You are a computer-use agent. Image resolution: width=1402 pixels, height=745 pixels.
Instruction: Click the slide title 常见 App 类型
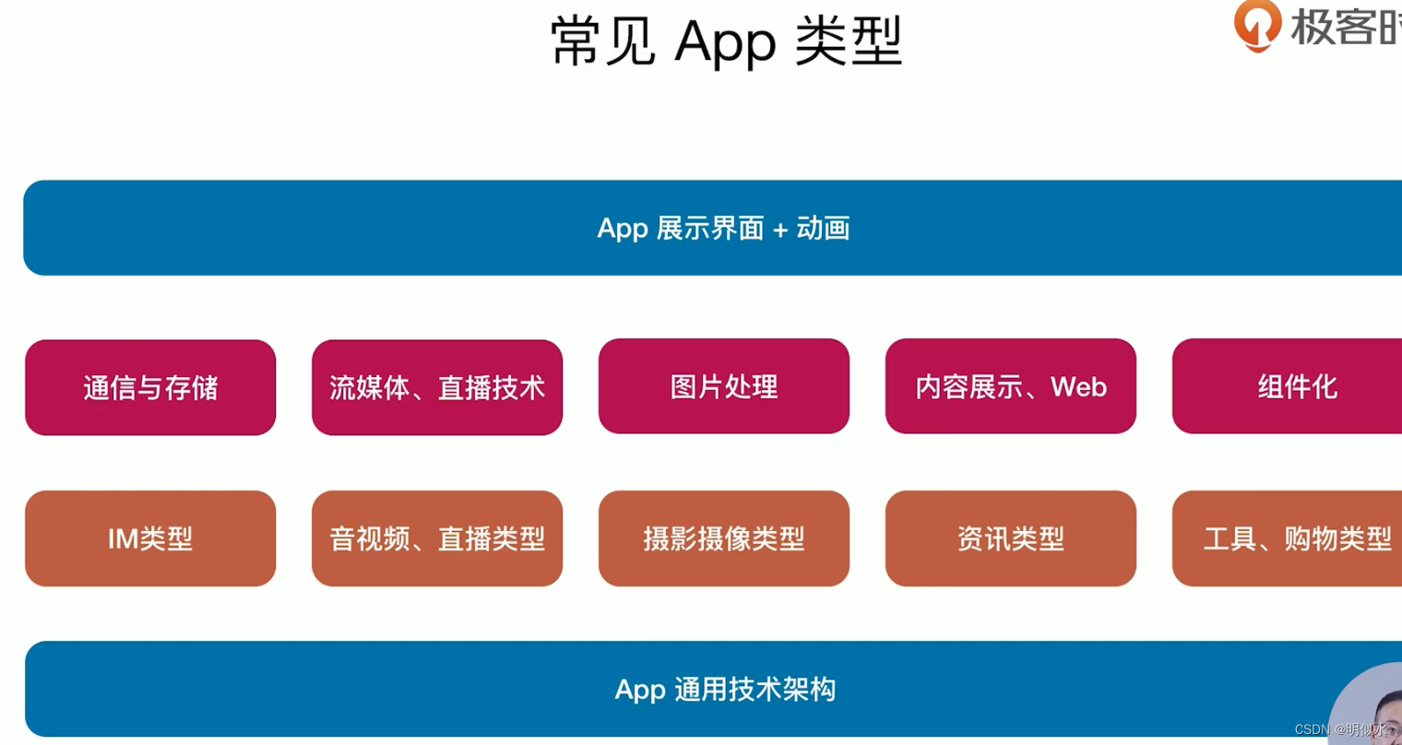725,41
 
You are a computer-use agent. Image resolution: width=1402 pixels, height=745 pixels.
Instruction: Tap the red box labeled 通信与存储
150,387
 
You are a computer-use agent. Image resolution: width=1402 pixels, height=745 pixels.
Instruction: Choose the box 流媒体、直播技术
437,387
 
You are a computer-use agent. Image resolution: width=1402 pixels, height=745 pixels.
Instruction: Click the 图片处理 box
724,386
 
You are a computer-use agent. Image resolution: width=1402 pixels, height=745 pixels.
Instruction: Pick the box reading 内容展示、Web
1011,386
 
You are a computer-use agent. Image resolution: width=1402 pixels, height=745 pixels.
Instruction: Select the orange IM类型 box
150,538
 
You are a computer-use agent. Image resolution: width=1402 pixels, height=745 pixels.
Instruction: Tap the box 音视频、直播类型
437,538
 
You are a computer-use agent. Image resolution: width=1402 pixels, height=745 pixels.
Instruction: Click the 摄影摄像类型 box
724,538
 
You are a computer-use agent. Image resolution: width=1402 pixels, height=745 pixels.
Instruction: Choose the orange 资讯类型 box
1011,538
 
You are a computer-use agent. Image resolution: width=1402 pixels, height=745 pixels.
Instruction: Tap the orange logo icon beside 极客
1258,24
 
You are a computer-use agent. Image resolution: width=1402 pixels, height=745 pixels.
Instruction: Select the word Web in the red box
1078,386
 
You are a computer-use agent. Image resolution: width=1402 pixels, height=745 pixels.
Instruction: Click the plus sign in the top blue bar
780,230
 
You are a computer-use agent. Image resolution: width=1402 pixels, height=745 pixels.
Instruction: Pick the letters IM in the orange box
123,538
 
